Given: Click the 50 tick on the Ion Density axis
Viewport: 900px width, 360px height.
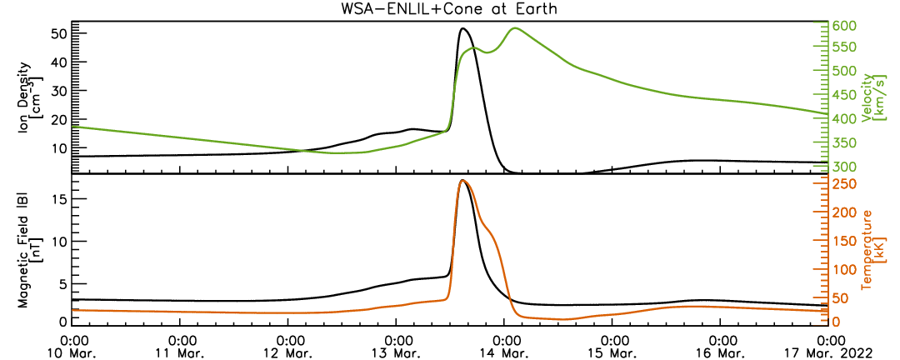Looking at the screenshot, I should click(x=59, y=33).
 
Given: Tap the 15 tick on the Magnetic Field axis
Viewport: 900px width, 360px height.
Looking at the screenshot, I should click(x=59, y=200).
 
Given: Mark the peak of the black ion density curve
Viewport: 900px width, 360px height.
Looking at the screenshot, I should click(x=462, y=28).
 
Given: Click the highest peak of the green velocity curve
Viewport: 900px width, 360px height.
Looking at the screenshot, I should click(x=515, y=27).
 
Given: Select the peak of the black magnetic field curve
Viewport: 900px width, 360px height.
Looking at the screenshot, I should click(x=462, y=180).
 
